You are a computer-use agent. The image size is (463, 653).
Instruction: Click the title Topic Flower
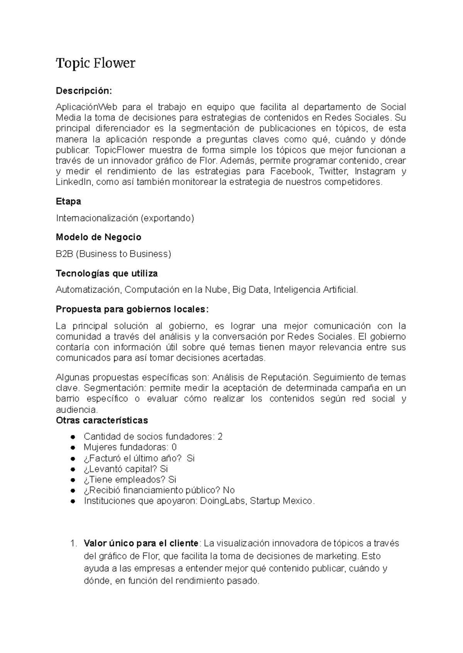(x=96, y=63)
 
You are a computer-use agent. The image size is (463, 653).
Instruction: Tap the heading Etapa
(x=68, y=201)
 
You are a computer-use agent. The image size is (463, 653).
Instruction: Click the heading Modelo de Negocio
(x=98, y=237)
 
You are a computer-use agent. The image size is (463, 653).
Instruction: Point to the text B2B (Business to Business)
(x=113, y=254)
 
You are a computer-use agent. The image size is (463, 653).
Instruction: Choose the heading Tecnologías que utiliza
(x=106, y=273)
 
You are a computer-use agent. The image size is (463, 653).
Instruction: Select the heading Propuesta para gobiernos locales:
(x=132, y=309)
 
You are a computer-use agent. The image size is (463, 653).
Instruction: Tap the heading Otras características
(x=102, y=420)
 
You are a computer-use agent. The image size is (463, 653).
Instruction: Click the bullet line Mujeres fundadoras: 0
(x=130, y=447)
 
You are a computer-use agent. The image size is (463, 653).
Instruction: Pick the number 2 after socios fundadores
(x=220, y=436)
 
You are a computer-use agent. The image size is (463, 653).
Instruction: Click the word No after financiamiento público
(x=229, y=490)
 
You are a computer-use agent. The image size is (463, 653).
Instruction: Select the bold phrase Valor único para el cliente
(x=141, y=543)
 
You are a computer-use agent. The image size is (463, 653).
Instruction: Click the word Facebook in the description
(x=291, y=171)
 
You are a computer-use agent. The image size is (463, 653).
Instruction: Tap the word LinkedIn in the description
(x=74, y=182)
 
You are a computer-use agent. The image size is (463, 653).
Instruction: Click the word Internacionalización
(x=96, y=218)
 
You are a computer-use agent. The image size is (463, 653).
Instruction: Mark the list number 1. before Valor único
(x=73, y=544)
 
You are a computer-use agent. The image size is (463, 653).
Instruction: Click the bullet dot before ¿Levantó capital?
(x=73, y=469)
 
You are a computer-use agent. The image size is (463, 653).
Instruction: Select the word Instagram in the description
(x=375, y=171)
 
